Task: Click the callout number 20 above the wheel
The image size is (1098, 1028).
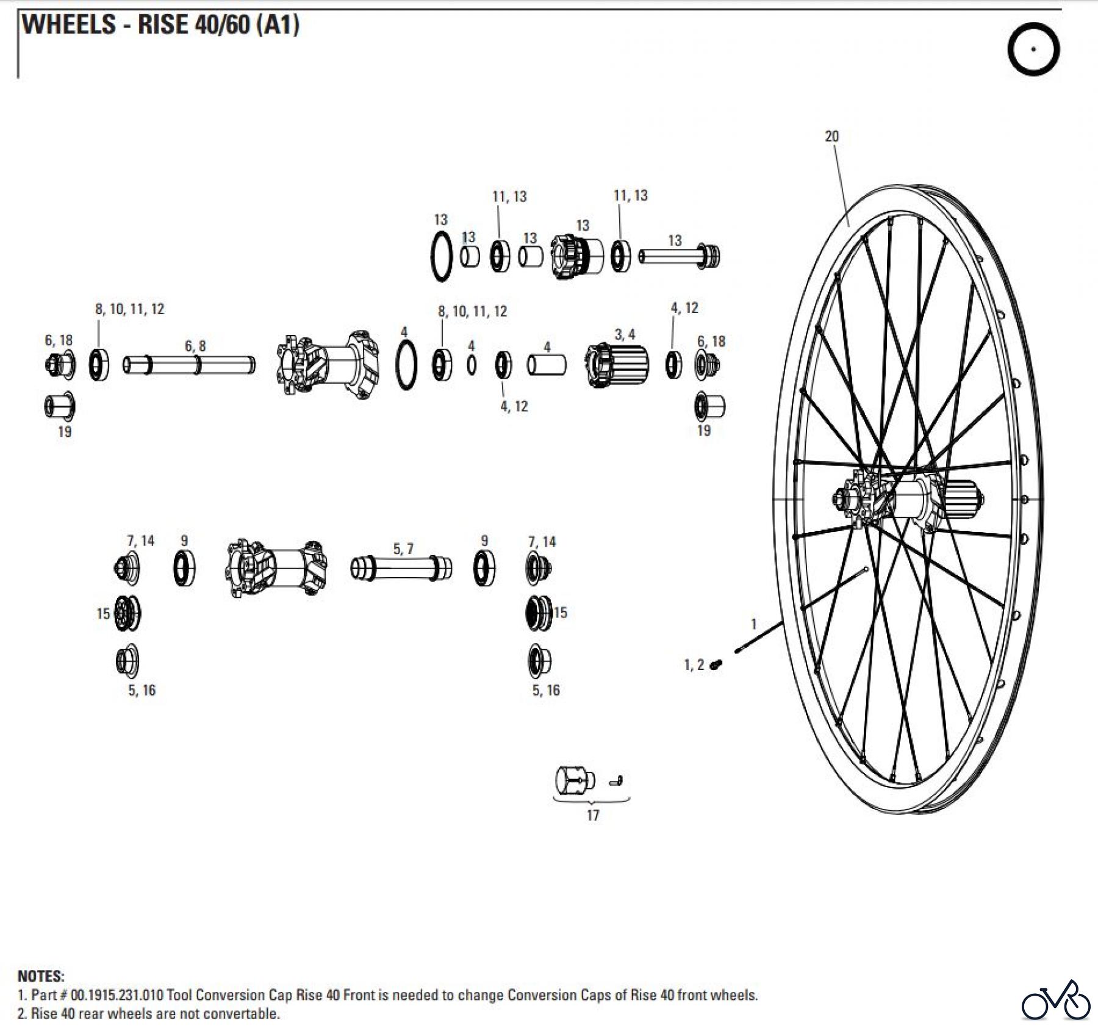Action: (831, 136)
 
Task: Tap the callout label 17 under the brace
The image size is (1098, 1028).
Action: (593, 815)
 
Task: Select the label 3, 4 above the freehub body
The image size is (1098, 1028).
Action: (625, 334)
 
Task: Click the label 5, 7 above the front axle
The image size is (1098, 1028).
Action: (403, 549)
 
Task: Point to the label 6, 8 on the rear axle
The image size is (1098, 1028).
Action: (195, 346)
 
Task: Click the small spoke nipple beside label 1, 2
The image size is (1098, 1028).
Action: (717, 664)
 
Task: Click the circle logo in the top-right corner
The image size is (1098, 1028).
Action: (1033, 49)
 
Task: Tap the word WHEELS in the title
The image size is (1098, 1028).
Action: (69, 25)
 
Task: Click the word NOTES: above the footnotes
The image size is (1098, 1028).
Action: (41, 976)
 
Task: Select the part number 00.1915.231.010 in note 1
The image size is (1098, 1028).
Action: (117, 995)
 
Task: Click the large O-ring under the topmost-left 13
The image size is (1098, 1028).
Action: (442, 256)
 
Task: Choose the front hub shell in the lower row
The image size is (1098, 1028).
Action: (276, 568)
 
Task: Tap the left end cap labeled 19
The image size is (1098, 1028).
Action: (60, 406)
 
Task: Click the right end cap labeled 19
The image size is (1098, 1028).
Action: (710, 406)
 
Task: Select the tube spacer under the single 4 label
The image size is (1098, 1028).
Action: (546, 365)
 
